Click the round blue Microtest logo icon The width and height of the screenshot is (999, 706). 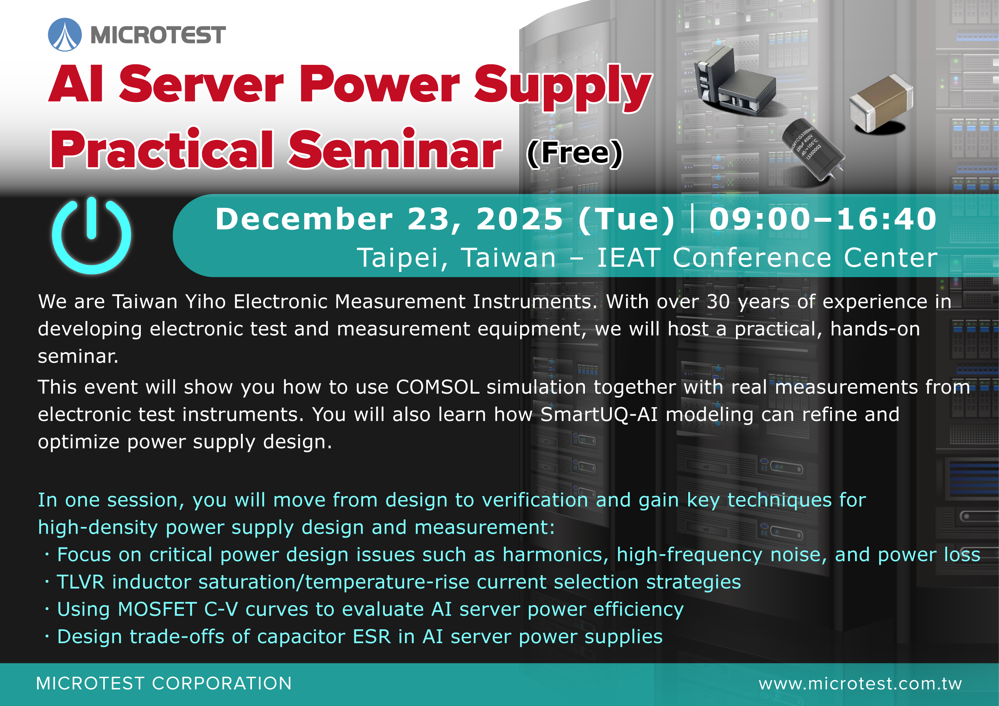click(65, 34)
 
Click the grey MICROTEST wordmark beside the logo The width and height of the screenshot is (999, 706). click(158, 35)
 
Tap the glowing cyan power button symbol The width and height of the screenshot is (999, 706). click(91, 235)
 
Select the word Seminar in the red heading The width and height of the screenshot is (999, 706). click(395, 149)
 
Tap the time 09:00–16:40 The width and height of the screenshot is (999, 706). click(823, 219)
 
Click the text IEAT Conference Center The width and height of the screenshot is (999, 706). click(767, 257)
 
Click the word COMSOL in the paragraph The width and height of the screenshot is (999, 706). click(438, 387)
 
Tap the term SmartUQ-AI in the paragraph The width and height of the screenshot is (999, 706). click(599, 414)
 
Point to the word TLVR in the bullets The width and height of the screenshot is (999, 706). click(81, 582)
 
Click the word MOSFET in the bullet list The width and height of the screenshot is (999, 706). click(157, 609)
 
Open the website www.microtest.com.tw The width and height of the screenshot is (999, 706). click(860, 683)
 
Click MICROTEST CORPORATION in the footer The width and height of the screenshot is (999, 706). click(164, 683)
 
